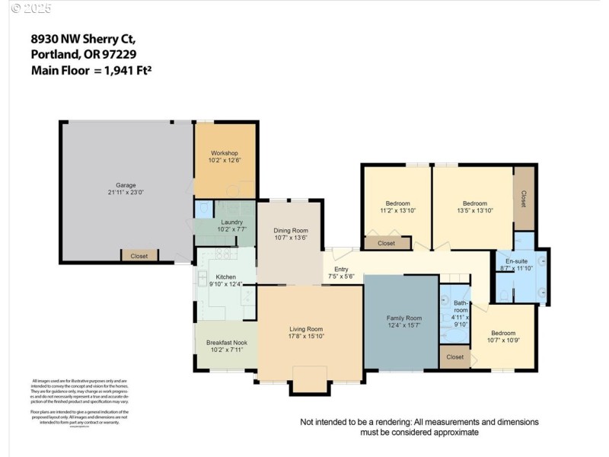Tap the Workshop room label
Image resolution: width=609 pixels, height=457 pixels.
(x=225, y=153)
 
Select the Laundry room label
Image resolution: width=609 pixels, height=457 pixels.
(x=226, y=222)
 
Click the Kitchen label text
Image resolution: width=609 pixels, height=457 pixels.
(x=225, y=276)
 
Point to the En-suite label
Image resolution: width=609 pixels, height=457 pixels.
(x=516, y=260)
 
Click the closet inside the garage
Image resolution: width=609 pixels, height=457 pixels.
(x=139, y=256)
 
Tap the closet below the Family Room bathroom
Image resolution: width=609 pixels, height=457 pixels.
(x=455, y=356)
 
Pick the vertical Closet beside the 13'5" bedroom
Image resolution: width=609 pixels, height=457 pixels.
(x=524, y=199)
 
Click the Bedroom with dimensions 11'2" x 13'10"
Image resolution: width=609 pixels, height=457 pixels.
(x=397, y=203)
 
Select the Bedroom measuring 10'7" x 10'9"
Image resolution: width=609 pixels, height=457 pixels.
(x=502, y=333)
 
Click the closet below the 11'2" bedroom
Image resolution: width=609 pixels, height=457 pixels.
(x=387, y=243)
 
